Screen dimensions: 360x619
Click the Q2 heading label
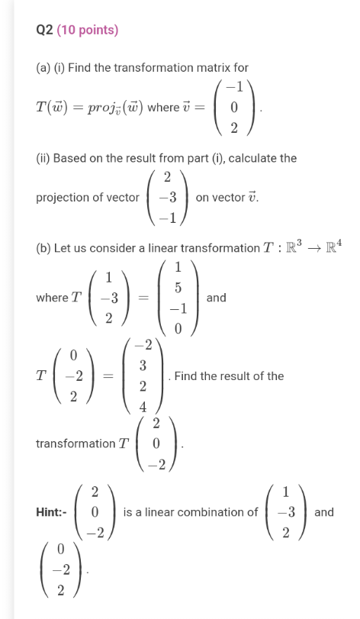(x=44, y=31)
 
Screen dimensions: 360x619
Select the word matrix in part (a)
(x=211, y=68)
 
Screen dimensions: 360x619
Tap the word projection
(x=65, y=198)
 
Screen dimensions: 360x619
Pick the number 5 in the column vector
(x=178, y=289)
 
